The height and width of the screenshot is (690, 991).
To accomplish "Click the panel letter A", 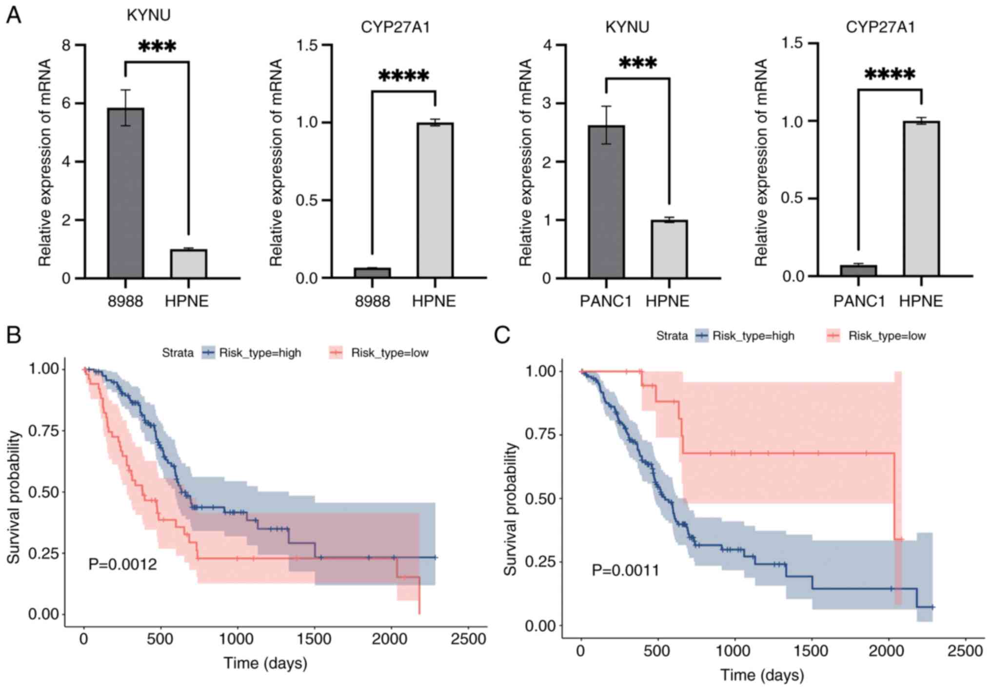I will (x=14, y=16).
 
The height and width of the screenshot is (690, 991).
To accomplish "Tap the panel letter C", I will (x=502, y=335).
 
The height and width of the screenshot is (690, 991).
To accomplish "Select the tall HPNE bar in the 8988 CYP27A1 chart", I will (x=435, y=200).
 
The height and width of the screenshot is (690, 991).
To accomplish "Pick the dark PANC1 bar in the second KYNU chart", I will (x=606, y=202).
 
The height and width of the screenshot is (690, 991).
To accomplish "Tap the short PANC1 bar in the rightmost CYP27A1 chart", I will (x=858, y=271).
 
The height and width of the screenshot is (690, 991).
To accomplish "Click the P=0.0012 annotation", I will (x=122, y=564).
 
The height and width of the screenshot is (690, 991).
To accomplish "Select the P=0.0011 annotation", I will (x=625, y=570).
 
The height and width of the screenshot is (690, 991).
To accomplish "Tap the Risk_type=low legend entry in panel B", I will (x=380, y=353).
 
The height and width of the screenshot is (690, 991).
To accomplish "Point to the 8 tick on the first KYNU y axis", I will (x=66, y=45).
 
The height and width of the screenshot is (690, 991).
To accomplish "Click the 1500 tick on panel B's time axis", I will (x=314, y=639).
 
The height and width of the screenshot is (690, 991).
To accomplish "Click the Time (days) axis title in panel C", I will (x=762, y=675).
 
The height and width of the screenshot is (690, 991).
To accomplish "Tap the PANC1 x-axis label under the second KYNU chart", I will (x=605, y=301).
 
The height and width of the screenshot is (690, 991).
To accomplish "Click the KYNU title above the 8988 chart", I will (x=148, y=15).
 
